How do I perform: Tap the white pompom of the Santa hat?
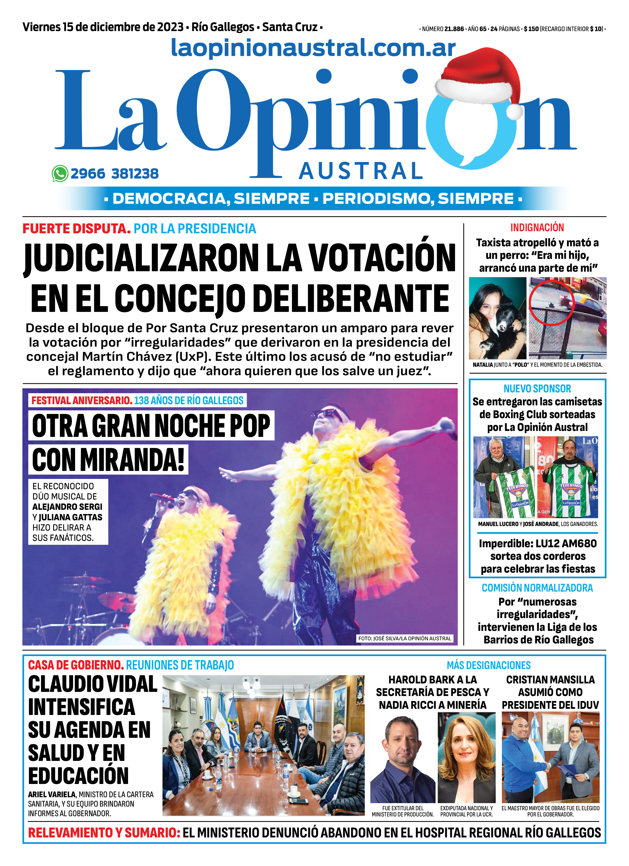pyautogui.click(x=515, y=112)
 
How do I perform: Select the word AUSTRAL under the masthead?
pyautogui.click(x=360, y=171)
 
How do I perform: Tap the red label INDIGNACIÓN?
pyautogui.click(x=537, y=228)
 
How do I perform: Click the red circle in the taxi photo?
pyautogui.click(x=551, y=302)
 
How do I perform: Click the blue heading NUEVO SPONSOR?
pyautogui.click(x=537, y=389)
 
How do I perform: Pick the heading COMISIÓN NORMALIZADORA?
pyautogui.click(x=537, y=588)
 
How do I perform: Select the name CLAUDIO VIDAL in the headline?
pyautogui.click(x=93, y=684)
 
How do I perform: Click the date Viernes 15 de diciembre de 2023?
pyautogui.click(x=103, y=27)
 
